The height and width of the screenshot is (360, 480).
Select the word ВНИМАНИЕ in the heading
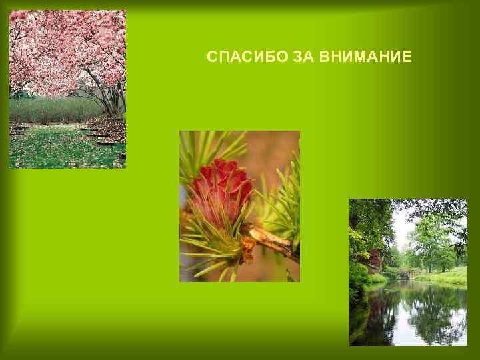click(365, 57)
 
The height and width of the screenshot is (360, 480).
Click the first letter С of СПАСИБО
click(211, 57)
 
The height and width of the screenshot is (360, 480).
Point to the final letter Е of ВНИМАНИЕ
click(407, 57)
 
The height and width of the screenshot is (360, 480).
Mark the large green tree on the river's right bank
click(430, 240)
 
